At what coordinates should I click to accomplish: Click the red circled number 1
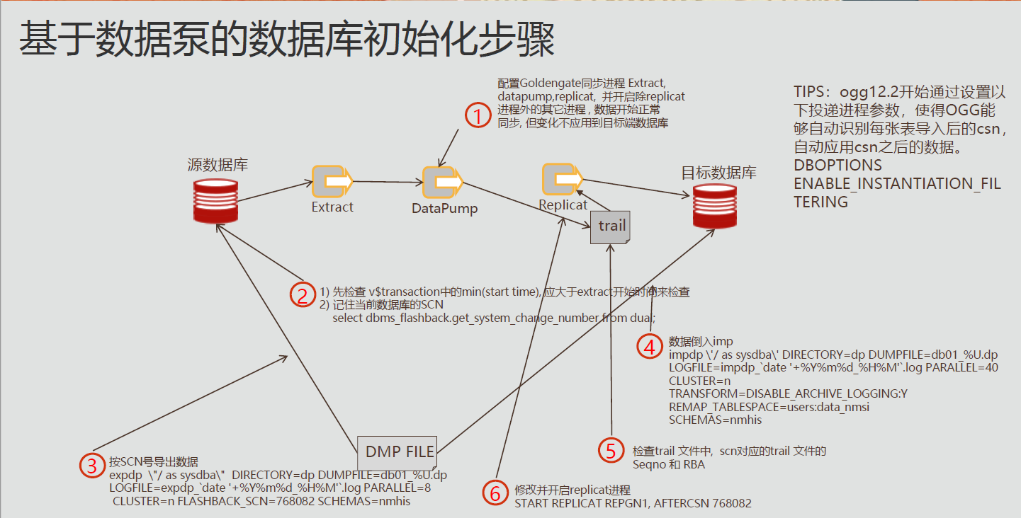pos(478,115)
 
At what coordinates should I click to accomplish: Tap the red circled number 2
pos(303,295)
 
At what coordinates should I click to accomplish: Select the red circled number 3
pos(91,466)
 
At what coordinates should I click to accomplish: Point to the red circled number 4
pos(649,346)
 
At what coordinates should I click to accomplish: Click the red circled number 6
pos(495,493)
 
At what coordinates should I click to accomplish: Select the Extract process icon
pos(332,182)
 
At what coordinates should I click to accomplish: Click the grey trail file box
pos(611,226)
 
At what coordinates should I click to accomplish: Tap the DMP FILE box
pos(400,451)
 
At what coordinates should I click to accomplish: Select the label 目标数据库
pos(718,173)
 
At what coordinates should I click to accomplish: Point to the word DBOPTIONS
pos(837,166)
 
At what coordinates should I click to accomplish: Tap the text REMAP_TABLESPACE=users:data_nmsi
pos(769,407)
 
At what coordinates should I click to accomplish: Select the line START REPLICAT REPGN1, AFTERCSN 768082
pos(633,503)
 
